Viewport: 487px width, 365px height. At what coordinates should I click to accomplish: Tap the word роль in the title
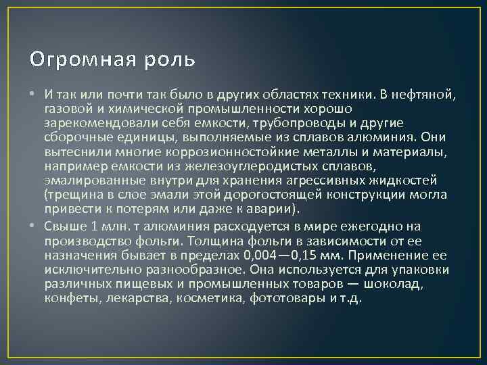172,60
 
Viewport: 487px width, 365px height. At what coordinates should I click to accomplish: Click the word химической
147,108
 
